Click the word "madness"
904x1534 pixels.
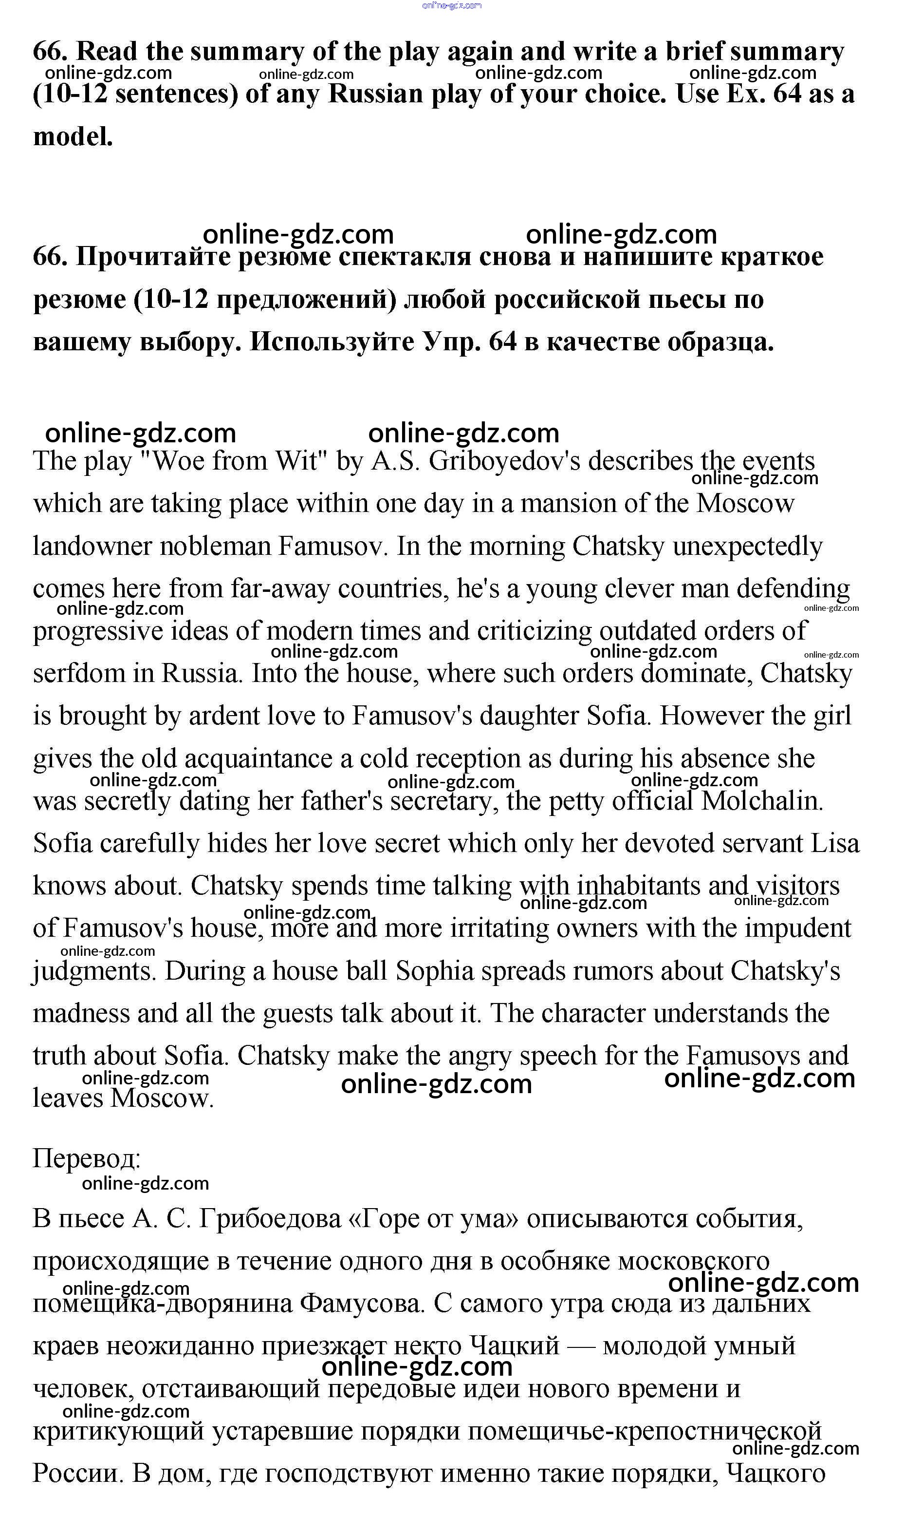coord(80,1014)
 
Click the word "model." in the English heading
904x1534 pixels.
coord(73,136)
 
